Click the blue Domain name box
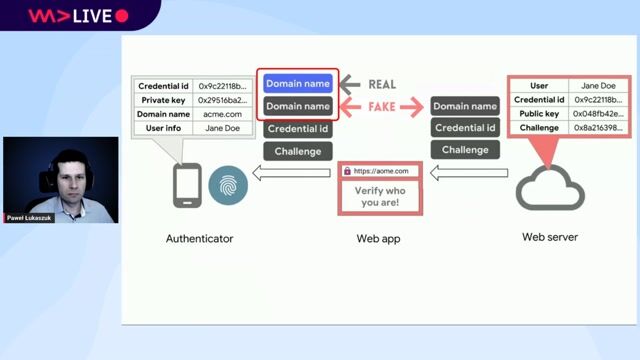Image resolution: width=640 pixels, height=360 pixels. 298,84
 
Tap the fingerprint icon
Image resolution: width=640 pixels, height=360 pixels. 228,185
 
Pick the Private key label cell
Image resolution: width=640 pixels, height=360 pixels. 165,100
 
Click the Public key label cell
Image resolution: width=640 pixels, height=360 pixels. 539,114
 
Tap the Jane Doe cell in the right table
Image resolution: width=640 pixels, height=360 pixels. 597,86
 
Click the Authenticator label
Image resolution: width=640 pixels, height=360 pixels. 200,238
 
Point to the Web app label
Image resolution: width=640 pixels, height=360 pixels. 377,238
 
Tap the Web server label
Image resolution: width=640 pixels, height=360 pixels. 550,237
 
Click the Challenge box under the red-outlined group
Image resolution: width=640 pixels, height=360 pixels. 298,151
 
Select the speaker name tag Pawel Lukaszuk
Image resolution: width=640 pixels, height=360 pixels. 29,217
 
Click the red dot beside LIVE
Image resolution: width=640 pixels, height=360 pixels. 122,16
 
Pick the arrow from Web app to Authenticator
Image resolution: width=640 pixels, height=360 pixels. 290,175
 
